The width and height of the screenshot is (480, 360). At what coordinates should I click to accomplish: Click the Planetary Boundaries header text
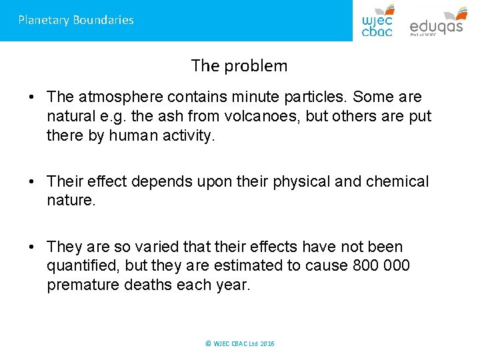[76, 20]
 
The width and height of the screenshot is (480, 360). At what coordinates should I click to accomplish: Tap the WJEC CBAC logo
[378, 21]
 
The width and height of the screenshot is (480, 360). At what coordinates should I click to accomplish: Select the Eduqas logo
[437, 21]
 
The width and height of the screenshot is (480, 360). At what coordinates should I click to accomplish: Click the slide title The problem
[239, 66]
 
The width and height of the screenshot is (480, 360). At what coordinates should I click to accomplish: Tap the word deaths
[157, 285]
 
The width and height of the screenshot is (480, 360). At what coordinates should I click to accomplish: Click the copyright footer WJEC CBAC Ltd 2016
[240, 343]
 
